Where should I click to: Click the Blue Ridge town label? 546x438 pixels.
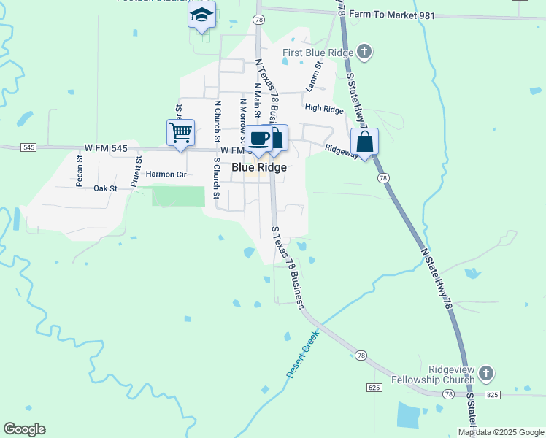coord(258,167)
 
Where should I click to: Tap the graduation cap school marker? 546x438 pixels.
coord(201,15)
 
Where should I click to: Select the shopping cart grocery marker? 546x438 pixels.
coord(180,134)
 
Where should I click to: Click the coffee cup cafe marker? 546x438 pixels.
coord(258,138)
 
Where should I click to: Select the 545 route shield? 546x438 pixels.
coord(28,147)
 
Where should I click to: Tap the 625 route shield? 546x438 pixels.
coord(373,387)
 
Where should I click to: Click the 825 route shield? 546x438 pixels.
coord(492,394)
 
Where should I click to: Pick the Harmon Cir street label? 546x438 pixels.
coord(166,174)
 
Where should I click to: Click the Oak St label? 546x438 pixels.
coord(106,188)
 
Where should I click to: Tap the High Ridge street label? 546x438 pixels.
coord(324,109)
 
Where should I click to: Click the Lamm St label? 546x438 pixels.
coord(313,76)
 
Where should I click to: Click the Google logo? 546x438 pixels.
coord(24,429)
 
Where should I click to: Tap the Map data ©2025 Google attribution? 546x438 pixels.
coord(501,432)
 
